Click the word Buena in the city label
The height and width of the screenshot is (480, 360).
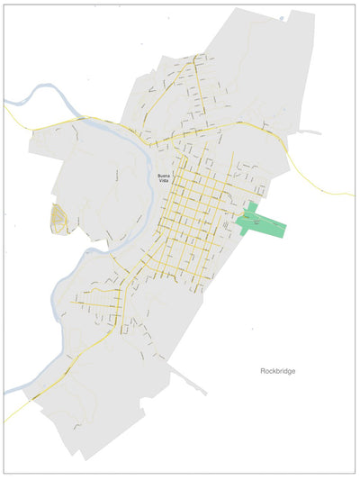163,174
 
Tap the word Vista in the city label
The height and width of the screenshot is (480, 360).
163,180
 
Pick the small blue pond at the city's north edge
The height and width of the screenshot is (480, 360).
283,18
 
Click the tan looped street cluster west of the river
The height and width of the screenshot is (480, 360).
58,218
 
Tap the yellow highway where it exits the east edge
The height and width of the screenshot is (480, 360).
352,194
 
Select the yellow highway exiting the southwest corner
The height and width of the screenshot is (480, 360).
7,419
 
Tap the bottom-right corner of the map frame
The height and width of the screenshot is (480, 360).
355,474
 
